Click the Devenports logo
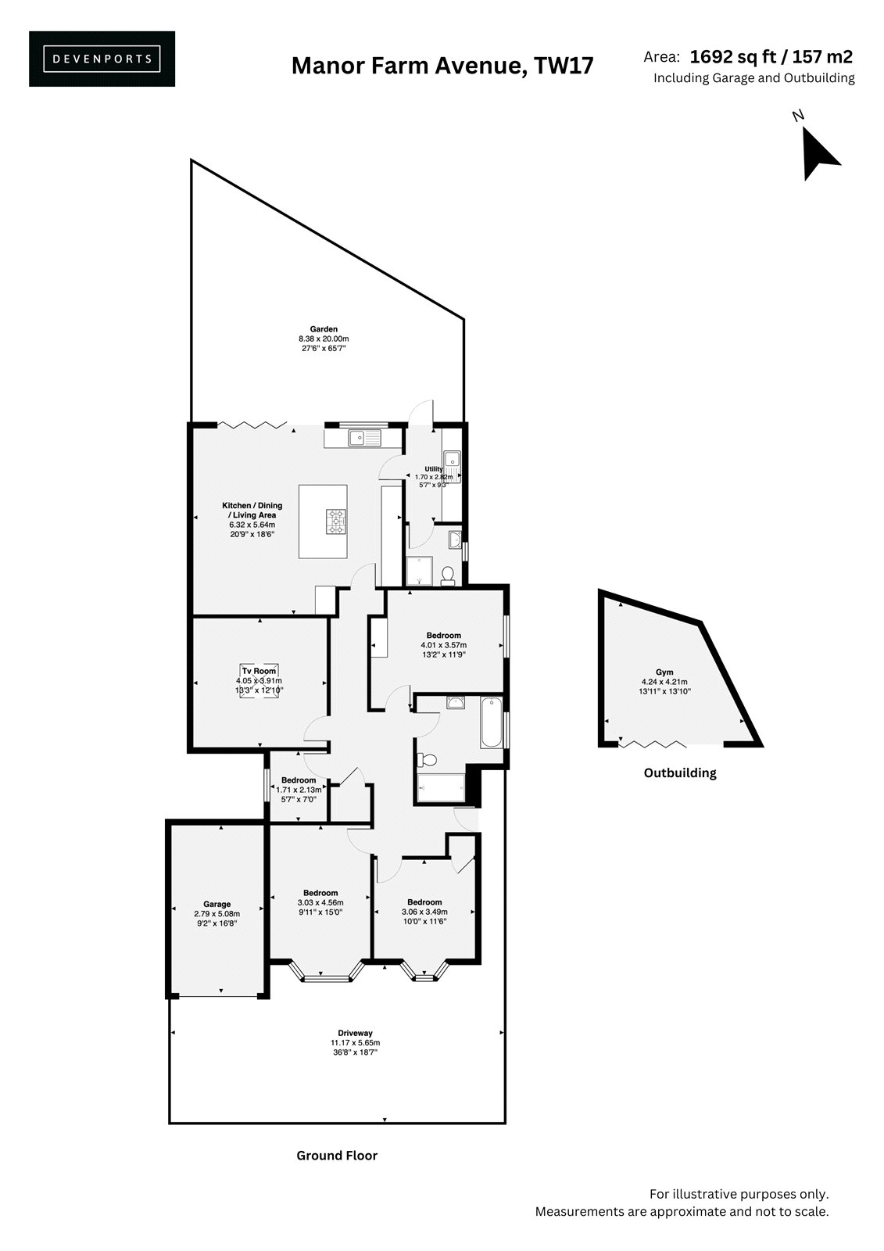pyautogui.click(x=102, y=59)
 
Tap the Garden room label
pyautogui.click(x=324, y=329)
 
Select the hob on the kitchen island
pyautogui.click(x=336, y=522)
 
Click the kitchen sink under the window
pyautogui.click(x=365, y=439)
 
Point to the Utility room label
pyautogui.click(x=433, y=469)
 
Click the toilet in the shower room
pyautogui.click(x=447, y=575)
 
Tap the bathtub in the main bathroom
pyautogui.click(x=491, y=722)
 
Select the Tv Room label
pyautogui.click(x=259, y=671)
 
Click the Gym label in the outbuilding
pyautogui.click(x=664, y=672)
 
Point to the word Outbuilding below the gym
pyautogui.click(x=680, y=773)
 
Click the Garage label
pyautogui.click(x=217, y=904)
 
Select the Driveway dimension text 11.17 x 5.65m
pyautogui.click(x=355, y=1043)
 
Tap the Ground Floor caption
pyautogui.click(x=338, y=1156)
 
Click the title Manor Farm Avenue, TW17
pyautogui.click(x=442, y=66)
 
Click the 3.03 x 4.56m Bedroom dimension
pyautogui.click(x=320, y=902)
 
